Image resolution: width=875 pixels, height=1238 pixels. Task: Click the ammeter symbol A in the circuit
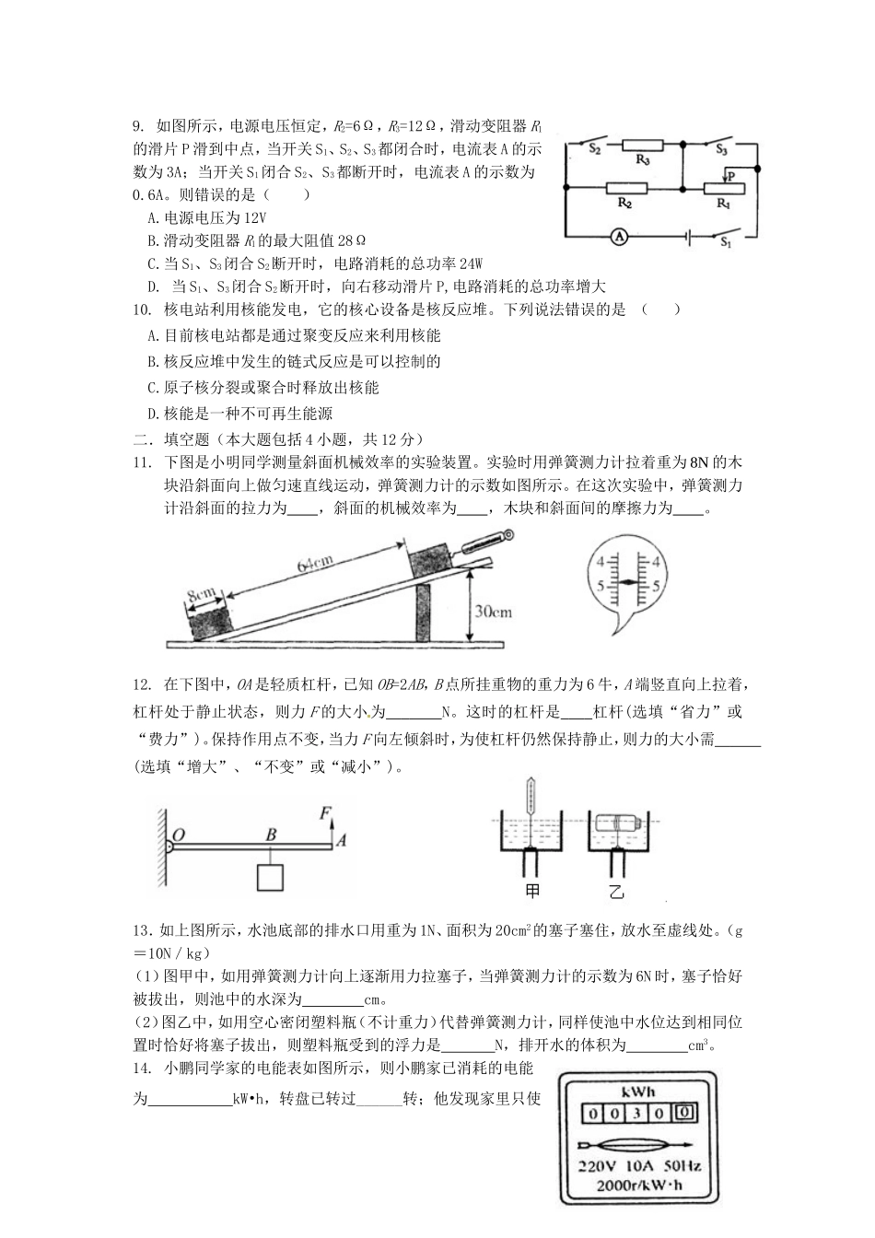tap(620, 236)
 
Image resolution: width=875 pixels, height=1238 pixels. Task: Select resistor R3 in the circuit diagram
tap(644, 146)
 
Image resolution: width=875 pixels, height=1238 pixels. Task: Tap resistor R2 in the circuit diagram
tap(625, 188)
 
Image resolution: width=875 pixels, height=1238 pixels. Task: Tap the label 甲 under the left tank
tap(532, 891)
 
